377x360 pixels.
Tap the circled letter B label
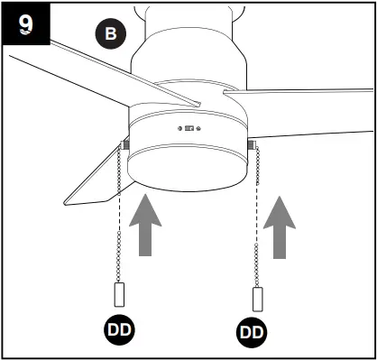pos(111,34)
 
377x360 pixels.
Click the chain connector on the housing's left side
pos(124,143)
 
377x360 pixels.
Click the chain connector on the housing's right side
pos(251,143)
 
